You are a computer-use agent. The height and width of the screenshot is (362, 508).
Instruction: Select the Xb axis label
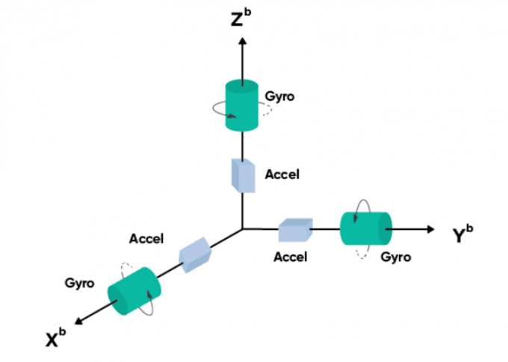(x=53, y=338)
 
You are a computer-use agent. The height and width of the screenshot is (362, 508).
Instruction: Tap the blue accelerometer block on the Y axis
(x=295, y=230)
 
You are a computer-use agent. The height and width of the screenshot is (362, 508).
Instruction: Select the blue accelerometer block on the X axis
(x=196, y=254)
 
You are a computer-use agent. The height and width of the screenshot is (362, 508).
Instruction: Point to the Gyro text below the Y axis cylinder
(x=395, y=258)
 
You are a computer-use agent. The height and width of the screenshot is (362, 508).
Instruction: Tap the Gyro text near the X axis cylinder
(x=78, y=283)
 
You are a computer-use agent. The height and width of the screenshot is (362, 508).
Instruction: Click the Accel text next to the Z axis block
(x=282, y=175)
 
